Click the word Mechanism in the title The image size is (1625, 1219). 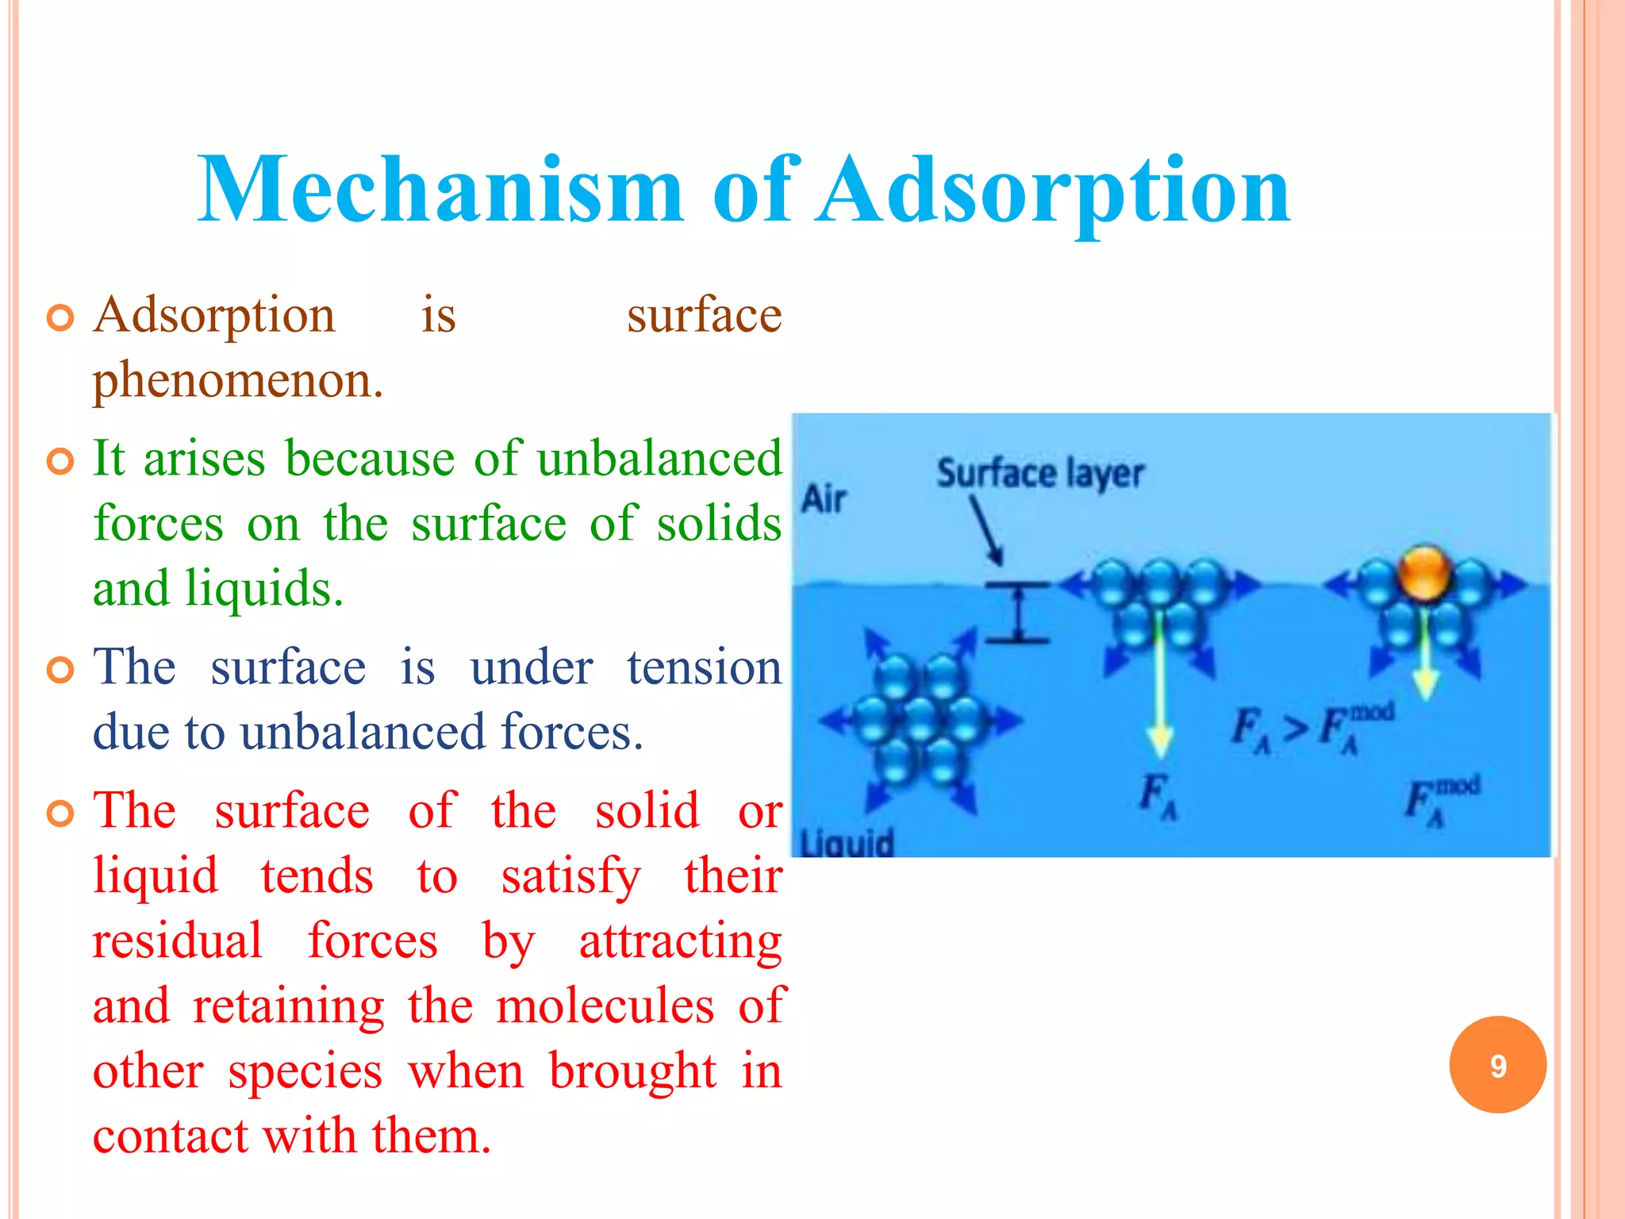(x=440, y=190)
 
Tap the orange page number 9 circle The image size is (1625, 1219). (x=1497, y=1065)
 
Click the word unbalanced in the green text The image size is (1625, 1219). (x=659, y=459)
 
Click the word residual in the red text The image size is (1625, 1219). (x=177, y=940)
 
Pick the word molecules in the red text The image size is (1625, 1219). (x=605, y=1006)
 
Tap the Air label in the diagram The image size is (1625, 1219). (x=824, y=500)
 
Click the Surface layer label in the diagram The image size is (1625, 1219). (x=1039, y=474)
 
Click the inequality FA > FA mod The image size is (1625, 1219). (x=1311, y=726)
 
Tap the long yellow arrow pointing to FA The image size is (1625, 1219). (x=1160, y=683)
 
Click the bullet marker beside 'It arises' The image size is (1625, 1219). (x=60, y=460)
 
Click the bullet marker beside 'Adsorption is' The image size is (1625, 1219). (x=60, y=317)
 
